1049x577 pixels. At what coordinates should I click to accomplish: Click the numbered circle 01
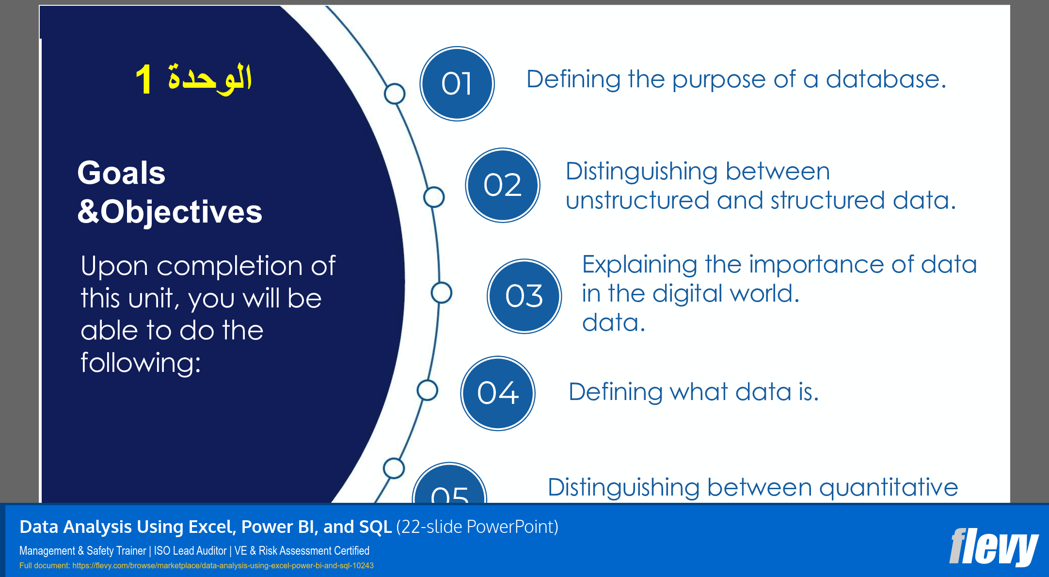[457, 83]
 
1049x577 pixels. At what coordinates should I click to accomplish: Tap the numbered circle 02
[503, 185]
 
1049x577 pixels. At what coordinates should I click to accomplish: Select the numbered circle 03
[524, 296]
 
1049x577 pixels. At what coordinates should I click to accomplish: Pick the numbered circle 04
[497, 393]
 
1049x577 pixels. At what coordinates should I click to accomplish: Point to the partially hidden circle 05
[449, 487]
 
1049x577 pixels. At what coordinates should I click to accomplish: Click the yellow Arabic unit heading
[194, 79]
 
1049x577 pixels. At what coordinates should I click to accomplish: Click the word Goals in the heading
[121, 173]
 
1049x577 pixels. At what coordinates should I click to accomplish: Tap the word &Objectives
[170, 212]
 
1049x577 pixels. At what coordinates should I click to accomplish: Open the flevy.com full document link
[223, 566]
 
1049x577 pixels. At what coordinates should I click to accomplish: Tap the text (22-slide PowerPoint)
[477, 527]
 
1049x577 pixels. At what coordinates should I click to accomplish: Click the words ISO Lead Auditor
[190, 551]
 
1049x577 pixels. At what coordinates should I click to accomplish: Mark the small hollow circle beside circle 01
[395, 94]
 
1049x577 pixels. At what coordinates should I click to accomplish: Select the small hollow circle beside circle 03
[441, 293]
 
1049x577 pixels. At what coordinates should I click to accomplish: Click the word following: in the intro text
[141, 363]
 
